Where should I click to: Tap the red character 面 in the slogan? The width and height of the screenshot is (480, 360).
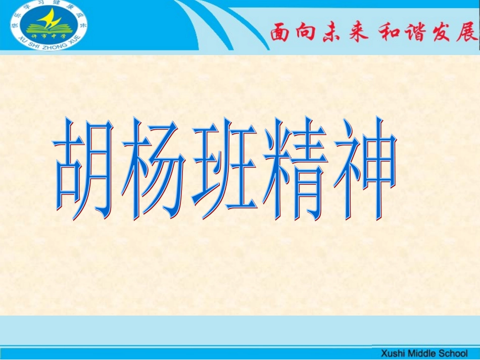coord(282,33)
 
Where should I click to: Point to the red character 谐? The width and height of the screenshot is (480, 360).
coord(414,33)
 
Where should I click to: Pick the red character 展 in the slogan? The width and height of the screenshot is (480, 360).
coord(466,33)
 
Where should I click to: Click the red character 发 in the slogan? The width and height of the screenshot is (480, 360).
coord(440,33)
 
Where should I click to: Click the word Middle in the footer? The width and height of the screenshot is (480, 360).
coord(422,353)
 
